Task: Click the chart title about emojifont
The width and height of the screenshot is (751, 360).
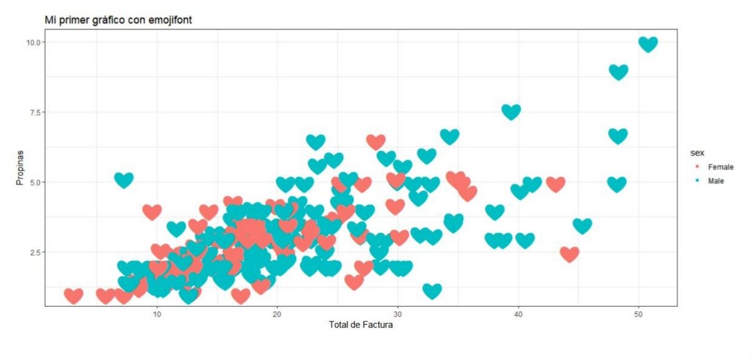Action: [118, 20]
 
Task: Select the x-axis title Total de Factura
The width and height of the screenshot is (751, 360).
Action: [360, 325]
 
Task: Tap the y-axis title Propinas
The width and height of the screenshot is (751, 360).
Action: [21, 168]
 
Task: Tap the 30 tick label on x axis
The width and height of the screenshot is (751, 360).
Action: [397, 314]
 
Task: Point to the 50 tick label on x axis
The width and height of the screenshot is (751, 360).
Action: [638, 314]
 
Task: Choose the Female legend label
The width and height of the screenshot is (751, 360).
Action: [720, 167]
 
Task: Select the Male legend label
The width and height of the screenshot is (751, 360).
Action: [716, 181]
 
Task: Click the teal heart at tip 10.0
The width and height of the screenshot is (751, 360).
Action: [648, 44]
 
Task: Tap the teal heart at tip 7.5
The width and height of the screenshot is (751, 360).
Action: [511, 111]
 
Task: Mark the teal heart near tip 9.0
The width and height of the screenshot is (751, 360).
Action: [618, 71]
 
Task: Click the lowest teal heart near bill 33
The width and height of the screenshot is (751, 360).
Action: [432, 290]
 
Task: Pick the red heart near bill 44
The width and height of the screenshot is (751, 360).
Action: [570, 254]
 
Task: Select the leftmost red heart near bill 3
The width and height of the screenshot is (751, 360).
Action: [74, 295]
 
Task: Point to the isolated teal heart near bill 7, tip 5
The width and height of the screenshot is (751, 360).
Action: [124, 180]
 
